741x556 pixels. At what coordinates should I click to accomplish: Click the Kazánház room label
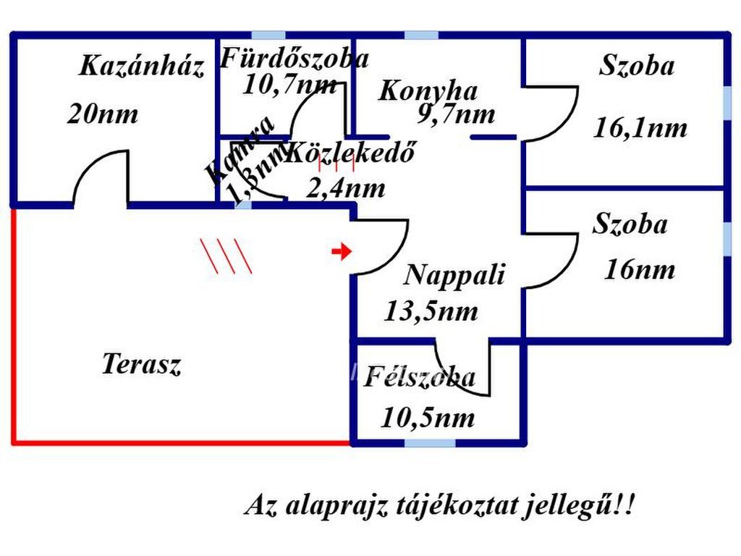point(141,67)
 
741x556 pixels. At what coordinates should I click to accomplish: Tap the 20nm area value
point(102,114)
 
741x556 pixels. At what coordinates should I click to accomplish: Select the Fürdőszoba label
point(294,58)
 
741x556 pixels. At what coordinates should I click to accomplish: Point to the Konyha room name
point(428,91)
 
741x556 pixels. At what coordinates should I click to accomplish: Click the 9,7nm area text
point(456,114)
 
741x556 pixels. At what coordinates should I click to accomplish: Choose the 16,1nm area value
point(640,128)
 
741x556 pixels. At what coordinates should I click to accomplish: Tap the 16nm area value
point(639,270)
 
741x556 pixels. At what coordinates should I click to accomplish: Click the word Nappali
point(454,275)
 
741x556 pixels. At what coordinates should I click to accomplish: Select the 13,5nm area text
point(431,311)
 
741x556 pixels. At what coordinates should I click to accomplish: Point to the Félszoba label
point(419,377)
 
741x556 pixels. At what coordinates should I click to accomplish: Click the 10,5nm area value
point(428,418)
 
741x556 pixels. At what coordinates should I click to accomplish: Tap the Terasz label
point(141,363)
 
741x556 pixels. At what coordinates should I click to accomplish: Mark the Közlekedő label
point(352,153)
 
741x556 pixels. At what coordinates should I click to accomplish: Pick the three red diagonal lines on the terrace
point(226,256)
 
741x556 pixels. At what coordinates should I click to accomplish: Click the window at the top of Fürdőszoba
point(267,35)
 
